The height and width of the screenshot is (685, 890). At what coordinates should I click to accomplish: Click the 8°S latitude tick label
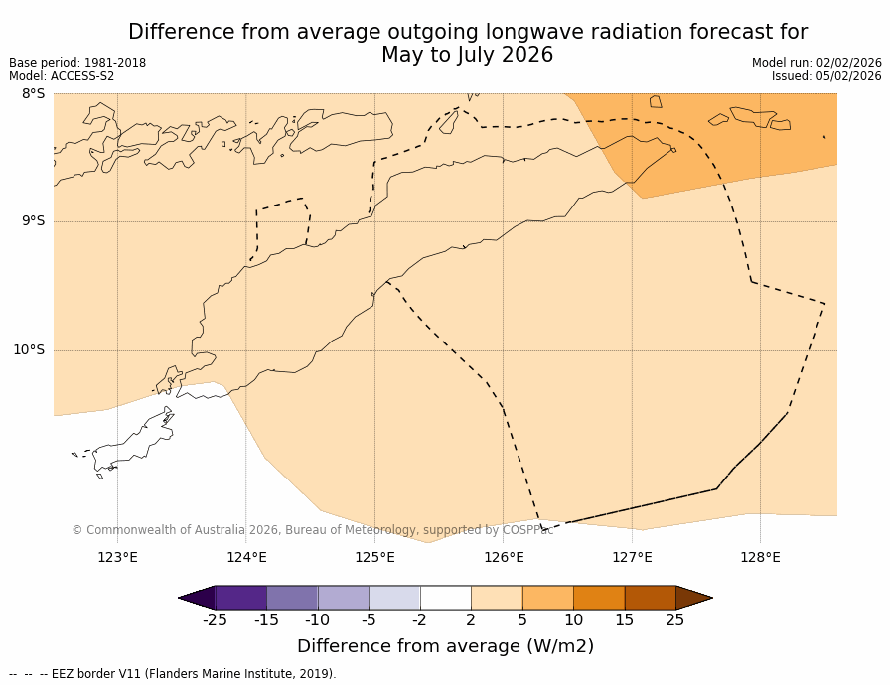pos(34,94)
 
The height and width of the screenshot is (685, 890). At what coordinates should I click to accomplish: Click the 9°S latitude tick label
pos(34,221)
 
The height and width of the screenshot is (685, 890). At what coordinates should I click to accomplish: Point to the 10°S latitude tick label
pos(29,349)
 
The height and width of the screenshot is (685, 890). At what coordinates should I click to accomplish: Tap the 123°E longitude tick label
pos(117,557)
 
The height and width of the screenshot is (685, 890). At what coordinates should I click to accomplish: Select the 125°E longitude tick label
pos(374,557)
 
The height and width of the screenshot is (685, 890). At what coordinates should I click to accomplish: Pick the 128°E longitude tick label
pos(760,557)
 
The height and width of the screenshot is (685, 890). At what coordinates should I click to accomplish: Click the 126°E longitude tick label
pos(504,557)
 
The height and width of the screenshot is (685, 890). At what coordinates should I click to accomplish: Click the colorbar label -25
pos(215,620)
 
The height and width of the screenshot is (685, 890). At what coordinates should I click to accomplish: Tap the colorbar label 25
pos(674,620)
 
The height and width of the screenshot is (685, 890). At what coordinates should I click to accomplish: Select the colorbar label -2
pos(420,620)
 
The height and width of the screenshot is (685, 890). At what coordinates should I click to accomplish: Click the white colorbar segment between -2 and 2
pos(445,598)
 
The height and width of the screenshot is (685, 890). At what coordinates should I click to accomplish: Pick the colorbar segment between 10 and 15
pos(599,598)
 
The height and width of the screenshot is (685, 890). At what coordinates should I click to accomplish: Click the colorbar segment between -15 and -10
pos(292,598)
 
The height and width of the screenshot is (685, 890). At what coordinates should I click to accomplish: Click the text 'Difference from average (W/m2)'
pos(445,646)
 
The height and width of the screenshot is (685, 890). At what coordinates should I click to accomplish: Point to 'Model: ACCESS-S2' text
pos(62,76)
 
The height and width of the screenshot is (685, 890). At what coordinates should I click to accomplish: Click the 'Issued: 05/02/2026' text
pos(826,76)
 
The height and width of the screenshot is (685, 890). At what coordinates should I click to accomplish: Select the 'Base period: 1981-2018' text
pos(77,63)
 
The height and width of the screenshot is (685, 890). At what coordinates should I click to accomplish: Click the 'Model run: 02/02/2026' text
pos(816,63)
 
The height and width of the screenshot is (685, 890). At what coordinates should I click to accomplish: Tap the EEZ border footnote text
pos(173,674)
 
